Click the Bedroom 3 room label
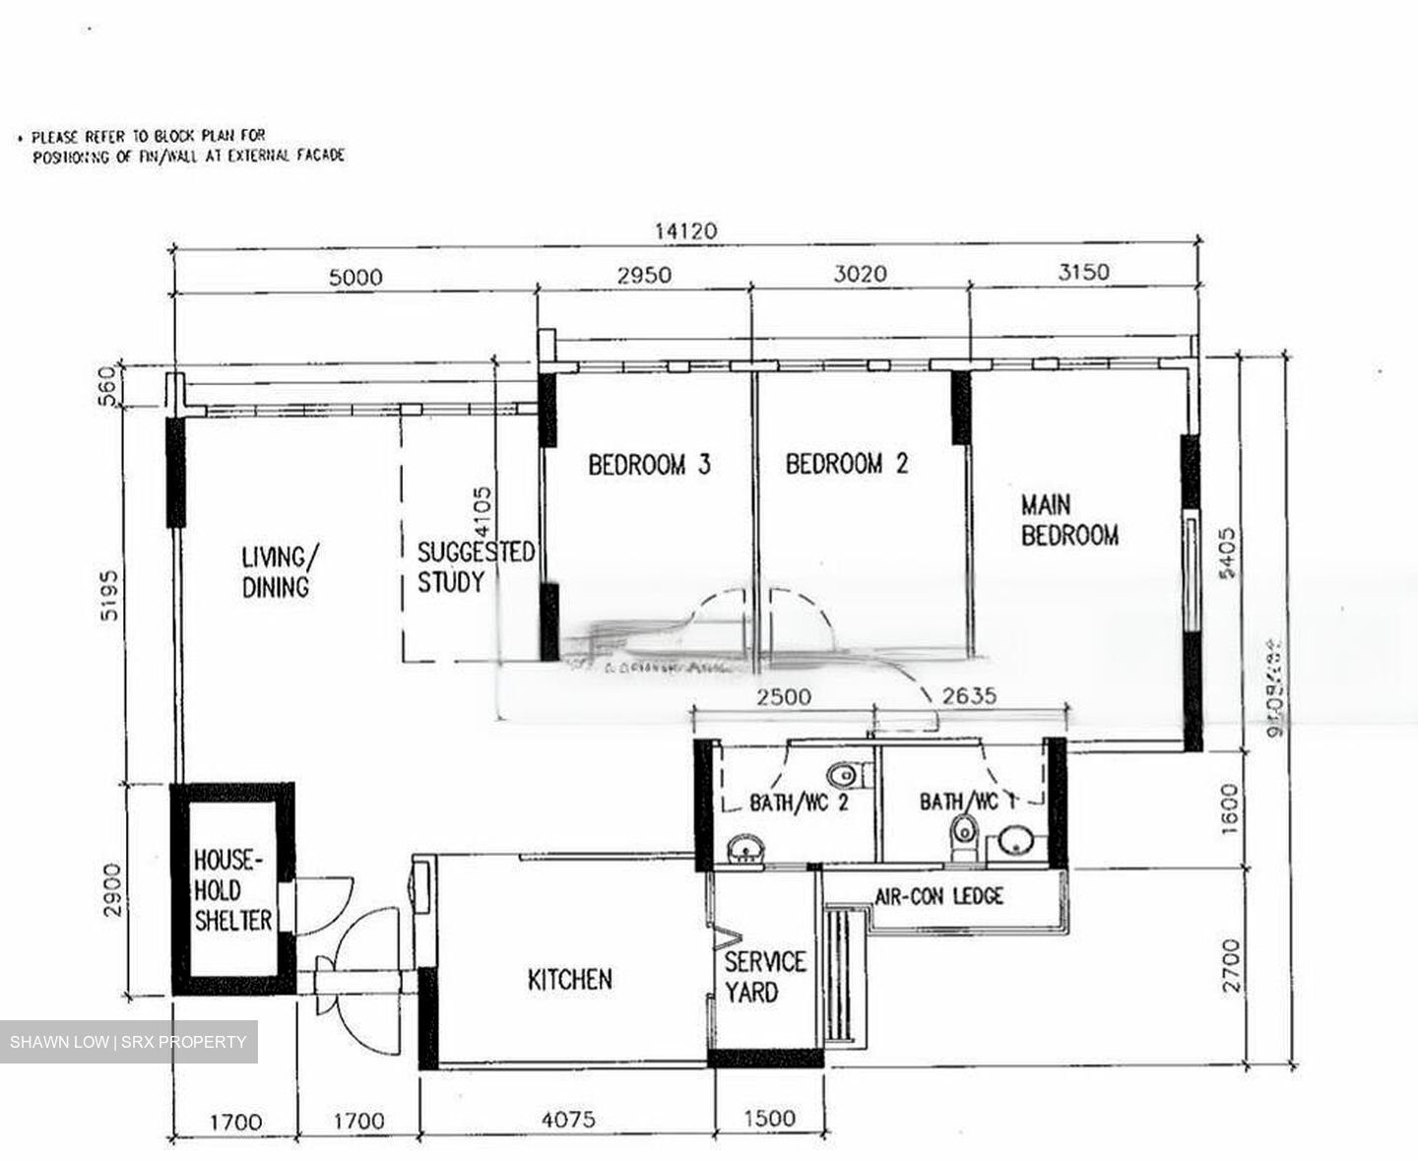(x=649, y=465)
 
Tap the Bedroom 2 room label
(x=846, y=464)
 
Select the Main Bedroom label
(x=1068, y=521)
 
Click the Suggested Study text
(x=475, y=567)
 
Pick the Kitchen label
(x=569, y=980)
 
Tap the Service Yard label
(x=764, y=977)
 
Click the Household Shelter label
(x=232, y=891)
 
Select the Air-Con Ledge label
(x=938, y=896)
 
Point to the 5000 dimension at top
(x=355, y=278)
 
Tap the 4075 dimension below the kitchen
(x=568, y=1120)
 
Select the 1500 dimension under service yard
(x=768, y=1119)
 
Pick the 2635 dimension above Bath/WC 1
(x=969, y=696)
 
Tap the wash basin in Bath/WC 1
(x=1013, y=841)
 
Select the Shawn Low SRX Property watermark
(x=128, y=1042)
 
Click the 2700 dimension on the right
(x=1230, y=965)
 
